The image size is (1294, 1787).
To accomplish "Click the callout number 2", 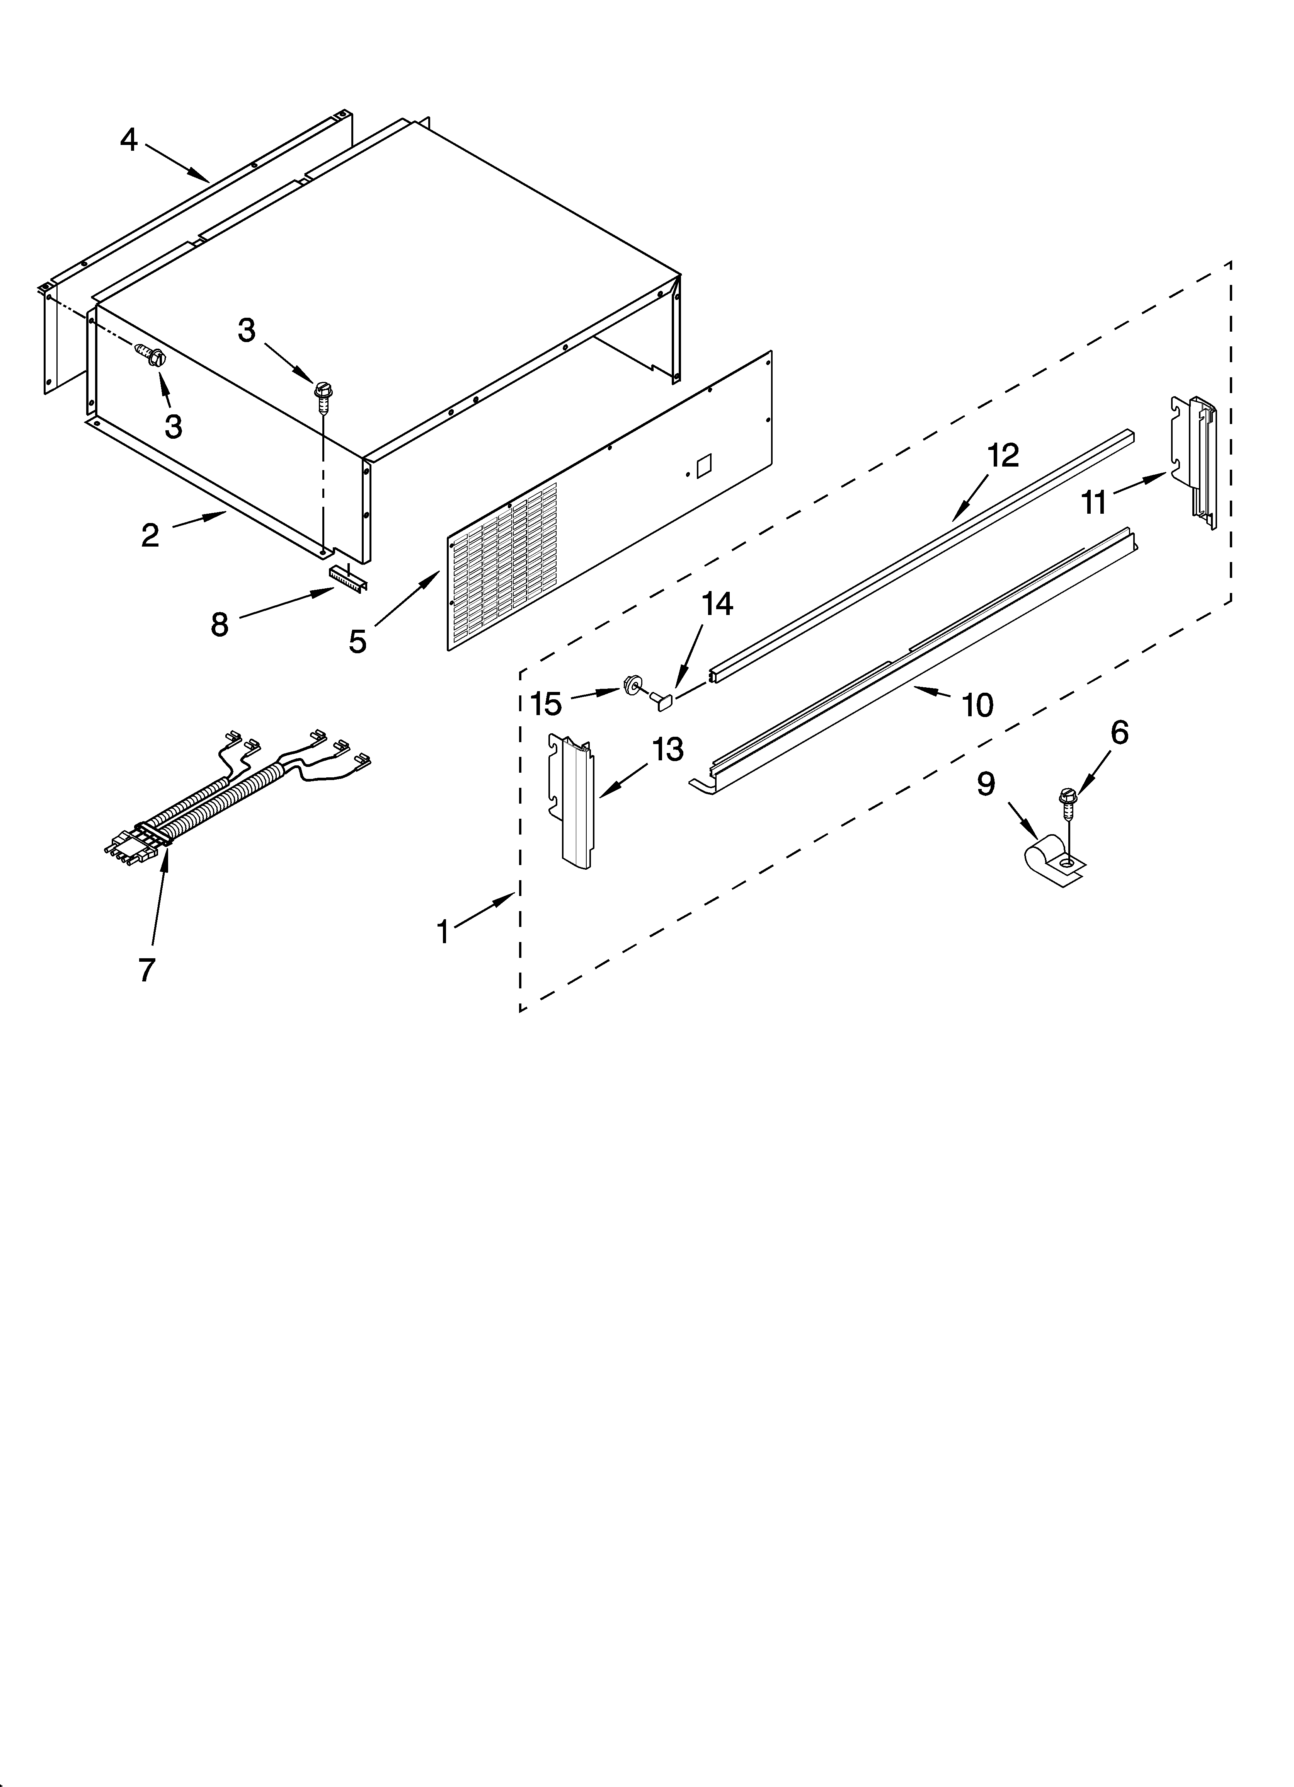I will [150, 535].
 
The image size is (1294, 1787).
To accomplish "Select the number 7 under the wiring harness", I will [146, 970].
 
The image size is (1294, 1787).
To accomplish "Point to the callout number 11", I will [1094, 501].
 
